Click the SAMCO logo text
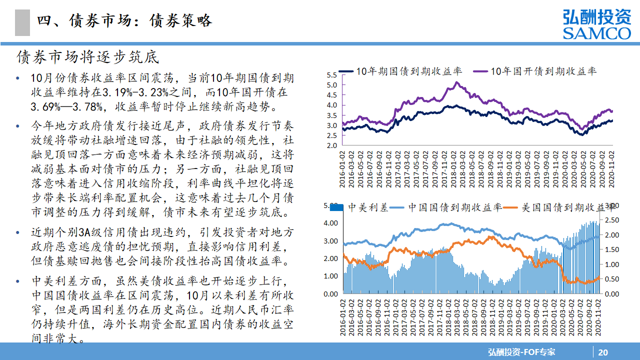tap(596, 33)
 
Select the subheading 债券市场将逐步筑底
tap(88, 57)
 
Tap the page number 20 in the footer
tap(603, 352)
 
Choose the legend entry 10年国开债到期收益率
tap(543, 71)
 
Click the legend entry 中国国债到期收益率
tap(454, 207)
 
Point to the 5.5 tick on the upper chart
tap(332, 75)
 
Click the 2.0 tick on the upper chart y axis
tap(332, 145)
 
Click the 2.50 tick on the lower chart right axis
tap(612, 220)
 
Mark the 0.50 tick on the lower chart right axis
tap(612, 279)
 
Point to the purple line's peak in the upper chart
tap(456, 82)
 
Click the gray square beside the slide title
tap(22, 22)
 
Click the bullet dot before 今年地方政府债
tap(18, 125)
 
